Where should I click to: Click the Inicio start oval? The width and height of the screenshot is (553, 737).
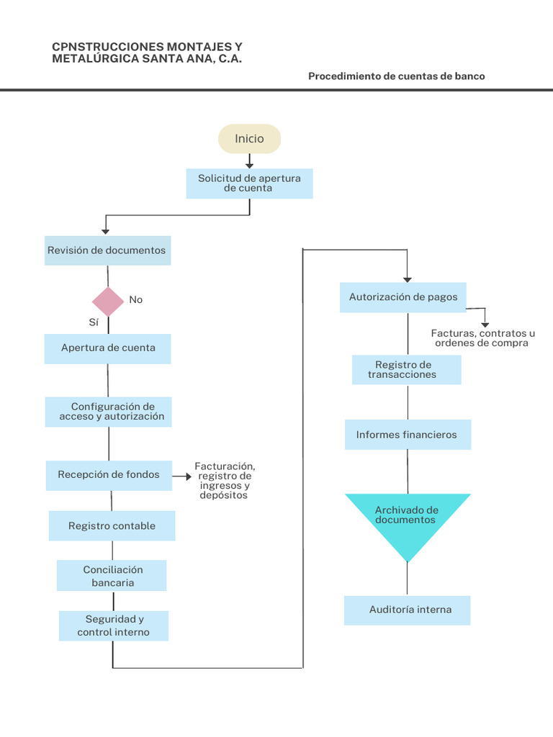pyautogui.click(x=249, y=139)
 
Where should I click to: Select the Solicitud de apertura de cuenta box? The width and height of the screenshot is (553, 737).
pyautogui.click(x=249, y=184)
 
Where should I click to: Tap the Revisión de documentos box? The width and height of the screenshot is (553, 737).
pyautogui.click(x=107, y=250)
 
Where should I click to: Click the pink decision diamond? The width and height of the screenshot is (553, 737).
pyautogui.click(x=108, y=302)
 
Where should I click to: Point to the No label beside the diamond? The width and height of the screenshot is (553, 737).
pyautogui.click(x=135, y=299)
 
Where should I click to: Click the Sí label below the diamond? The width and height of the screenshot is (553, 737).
pyautogui.click(x=94, y=322)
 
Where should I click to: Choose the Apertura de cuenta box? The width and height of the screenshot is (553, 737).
pyautogui.click(x=108, y=348)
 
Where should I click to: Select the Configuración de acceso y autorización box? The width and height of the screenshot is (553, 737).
pyautogui.click(x=109, y=412)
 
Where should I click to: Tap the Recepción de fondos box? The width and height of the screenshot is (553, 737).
pyautogui.click(x=109, y=475)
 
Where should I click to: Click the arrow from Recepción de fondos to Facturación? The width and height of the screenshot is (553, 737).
pyautogui.click(x=183, y=476)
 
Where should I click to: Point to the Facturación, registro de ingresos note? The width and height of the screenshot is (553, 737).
pyautogui.click(x=224, y=481)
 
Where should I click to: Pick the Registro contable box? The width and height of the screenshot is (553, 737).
pyautogui.click(x=112, y=526)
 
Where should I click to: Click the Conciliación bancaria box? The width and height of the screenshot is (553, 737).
pyautogui.click(x=112, y=576)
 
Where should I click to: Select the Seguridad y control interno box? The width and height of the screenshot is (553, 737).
pyautogui.click(x=114, y=625)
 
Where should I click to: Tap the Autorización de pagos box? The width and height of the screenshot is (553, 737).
pyautogui.click(x=403, y=297)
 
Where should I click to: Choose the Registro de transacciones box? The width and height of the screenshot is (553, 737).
pyautogui.click(x=406, y=370)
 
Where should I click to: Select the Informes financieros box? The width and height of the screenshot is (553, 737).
pyautogui.click(x=408, y=435)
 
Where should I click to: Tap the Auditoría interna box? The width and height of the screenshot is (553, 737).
pyautogui.click(x=408, y=610)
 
